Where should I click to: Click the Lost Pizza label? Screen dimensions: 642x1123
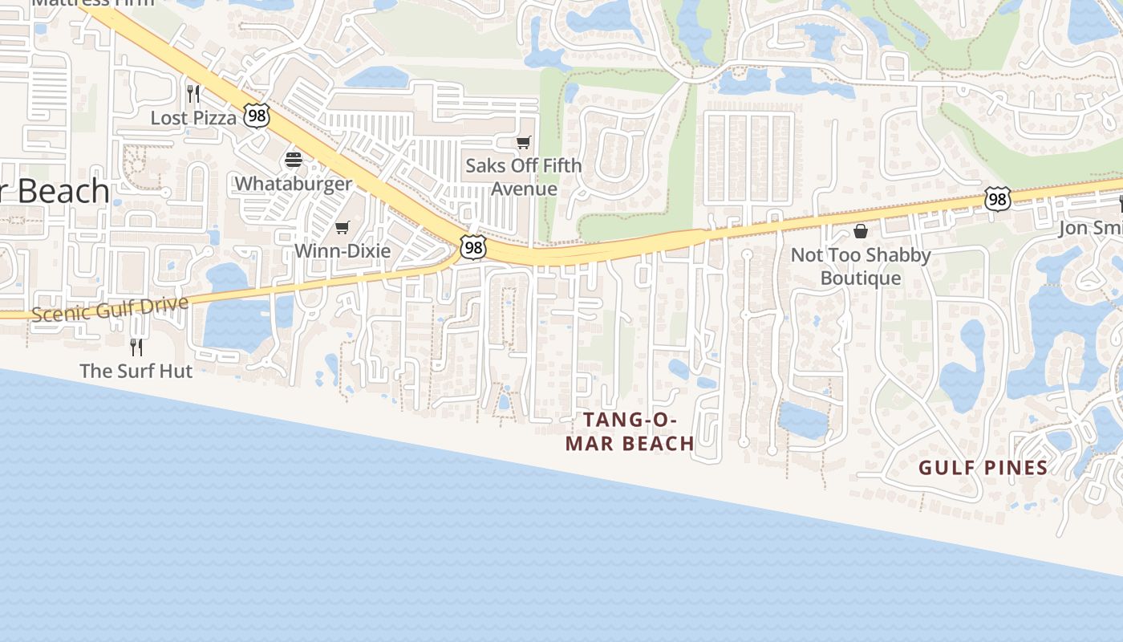click(x=194, y=118)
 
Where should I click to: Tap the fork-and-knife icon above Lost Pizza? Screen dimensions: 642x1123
click(x=193, y=94)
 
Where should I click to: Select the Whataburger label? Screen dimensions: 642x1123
click(x=293, y=183)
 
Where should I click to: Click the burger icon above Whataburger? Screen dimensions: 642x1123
click(x=293, y=160)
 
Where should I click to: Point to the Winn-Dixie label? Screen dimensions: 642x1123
click(x=343, y=250)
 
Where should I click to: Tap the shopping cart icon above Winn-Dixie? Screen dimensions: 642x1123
click(x=343, y=228)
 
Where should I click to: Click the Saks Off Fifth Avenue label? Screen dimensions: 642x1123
click(x=524, y=177)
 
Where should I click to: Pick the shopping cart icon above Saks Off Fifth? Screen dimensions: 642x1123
click(x=524, y=143)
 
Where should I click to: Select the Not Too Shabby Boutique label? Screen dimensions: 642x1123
click(x=861, y=266)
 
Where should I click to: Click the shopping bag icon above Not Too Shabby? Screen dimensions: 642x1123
click(x=861, y=231)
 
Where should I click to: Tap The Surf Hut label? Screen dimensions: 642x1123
click(x=136, y=371)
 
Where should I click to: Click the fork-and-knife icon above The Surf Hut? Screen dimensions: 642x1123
click(x=136, y=347)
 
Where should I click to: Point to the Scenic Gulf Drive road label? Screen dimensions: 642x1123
click(x=111, y=308)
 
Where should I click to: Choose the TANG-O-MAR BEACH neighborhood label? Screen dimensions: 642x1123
click(x=630, y=432)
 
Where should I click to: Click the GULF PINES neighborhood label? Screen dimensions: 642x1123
click(x=983, y=468)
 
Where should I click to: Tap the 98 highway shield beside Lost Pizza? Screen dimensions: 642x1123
click(x=257, y=116)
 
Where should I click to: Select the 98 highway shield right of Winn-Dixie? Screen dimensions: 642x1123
click(x=473, y=247)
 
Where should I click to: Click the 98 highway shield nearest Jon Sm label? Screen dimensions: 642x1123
click(x=997, y=199)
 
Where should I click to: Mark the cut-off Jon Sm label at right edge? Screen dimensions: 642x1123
click(x=1091, y=228)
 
